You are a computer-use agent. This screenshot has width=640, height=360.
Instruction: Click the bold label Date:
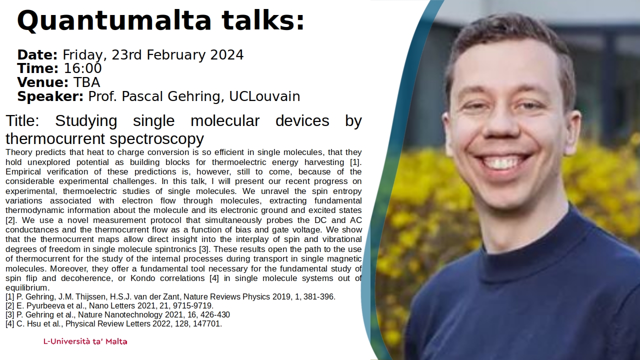tap(37, 55)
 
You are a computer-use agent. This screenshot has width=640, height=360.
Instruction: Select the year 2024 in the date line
tap(227, 55)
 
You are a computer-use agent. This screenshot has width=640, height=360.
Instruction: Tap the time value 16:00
tap(82, 68)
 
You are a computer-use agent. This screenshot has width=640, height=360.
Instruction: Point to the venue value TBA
tap(87, 82)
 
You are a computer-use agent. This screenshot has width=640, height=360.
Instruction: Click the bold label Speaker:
tap(50, 96)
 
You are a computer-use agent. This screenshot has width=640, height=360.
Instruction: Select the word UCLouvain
tap(264, 96)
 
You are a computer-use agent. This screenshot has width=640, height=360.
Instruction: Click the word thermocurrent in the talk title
tap(55, 139)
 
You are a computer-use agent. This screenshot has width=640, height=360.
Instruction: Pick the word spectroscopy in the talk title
tap(156, 139)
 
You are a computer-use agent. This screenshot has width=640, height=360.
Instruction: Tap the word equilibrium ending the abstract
tap(27, 287)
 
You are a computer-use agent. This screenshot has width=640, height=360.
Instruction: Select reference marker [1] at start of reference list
tap(10, 297)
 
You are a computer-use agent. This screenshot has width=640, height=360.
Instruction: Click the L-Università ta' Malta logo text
tap(85, 341)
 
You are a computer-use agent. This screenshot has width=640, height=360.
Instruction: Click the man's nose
tap(501, 123)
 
